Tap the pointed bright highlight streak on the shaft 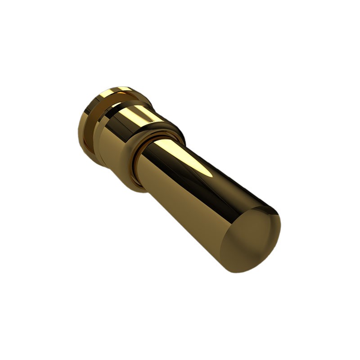coord(198,164)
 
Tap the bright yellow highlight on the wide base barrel coord(135,115)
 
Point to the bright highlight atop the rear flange coord(110,92)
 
